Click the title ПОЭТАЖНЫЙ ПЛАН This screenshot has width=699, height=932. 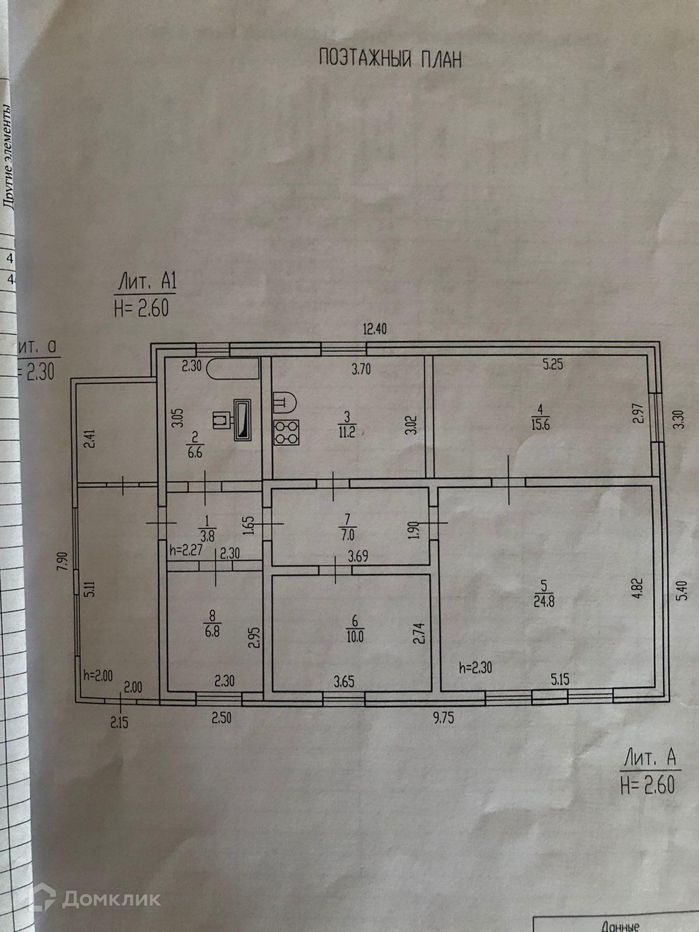pos(390,59)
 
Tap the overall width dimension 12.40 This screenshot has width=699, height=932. pos(375,329)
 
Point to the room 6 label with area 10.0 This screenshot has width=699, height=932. pos(355,629)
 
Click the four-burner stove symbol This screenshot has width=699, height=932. pos(286,432)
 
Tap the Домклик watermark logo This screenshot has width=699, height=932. pos(96,899)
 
